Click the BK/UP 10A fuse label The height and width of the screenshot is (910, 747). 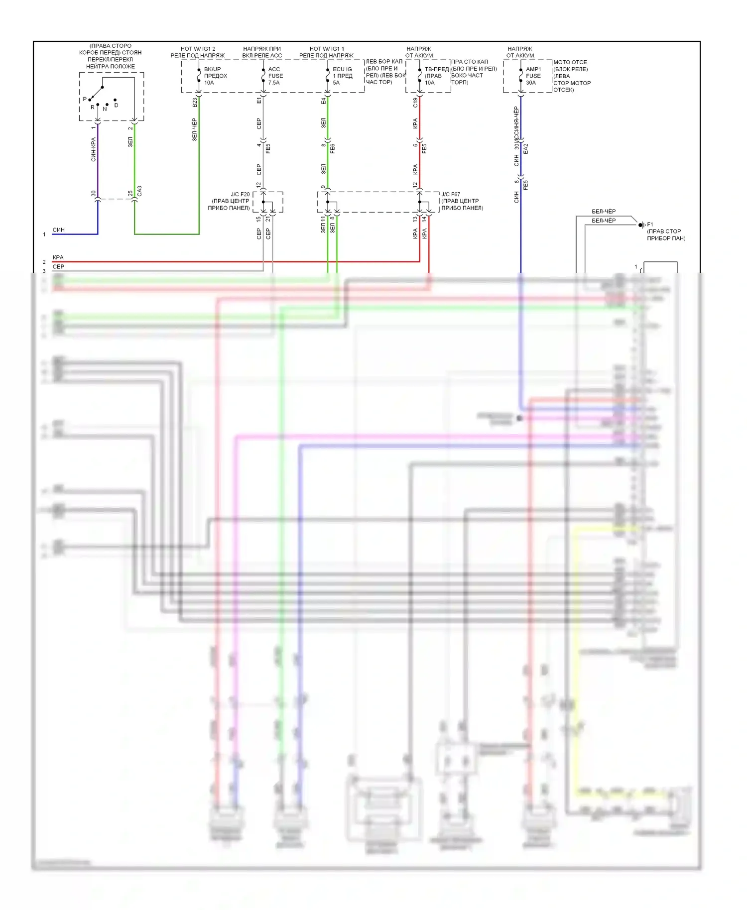[215, 76]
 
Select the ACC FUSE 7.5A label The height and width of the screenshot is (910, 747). [275, 76]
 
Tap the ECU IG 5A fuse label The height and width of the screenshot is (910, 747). [342, 76]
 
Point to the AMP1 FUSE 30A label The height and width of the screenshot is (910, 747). [533, 76]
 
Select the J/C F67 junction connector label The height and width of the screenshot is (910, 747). [462, 201]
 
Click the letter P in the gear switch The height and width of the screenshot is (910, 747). [85, 99]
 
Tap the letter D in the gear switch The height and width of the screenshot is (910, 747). [116, 106]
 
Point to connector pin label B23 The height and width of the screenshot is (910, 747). [195, 102]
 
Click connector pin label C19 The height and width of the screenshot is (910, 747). [415, 102]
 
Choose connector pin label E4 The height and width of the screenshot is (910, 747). [324, 101]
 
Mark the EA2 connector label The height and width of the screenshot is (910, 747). [526, 148]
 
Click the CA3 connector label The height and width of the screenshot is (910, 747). [139, 191]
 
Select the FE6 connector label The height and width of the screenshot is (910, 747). [333, 148]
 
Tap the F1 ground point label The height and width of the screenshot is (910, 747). [650, 225]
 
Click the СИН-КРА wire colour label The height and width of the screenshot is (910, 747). [93, 149]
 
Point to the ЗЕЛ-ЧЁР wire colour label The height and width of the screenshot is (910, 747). [195, 129]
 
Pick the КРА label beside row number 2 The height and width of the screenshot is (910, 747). [58, 257]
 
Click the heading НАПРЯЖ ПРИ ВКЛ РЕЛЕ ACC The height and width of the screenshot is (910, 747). [262, 52]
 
